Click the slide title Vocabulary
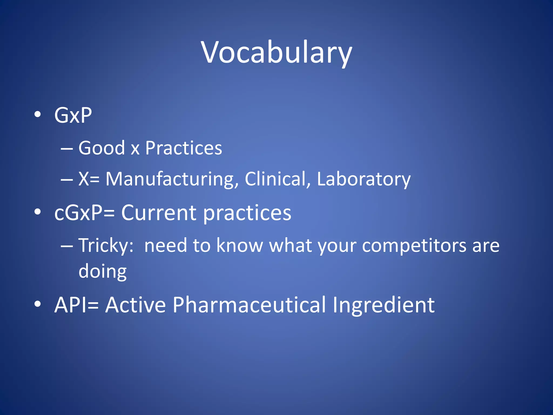(276, 53)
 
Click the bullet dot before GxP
(38, 114)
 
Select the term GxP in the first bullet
(73, 115)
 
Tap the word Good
(102, 148)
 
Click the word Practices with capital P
(184, 148)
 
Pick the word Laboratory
(363, 179)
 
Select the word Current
(159, 213)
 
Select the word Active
(135, 305)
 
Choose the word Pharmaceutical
(249, 305)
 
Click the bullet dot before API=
(38, 304)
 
